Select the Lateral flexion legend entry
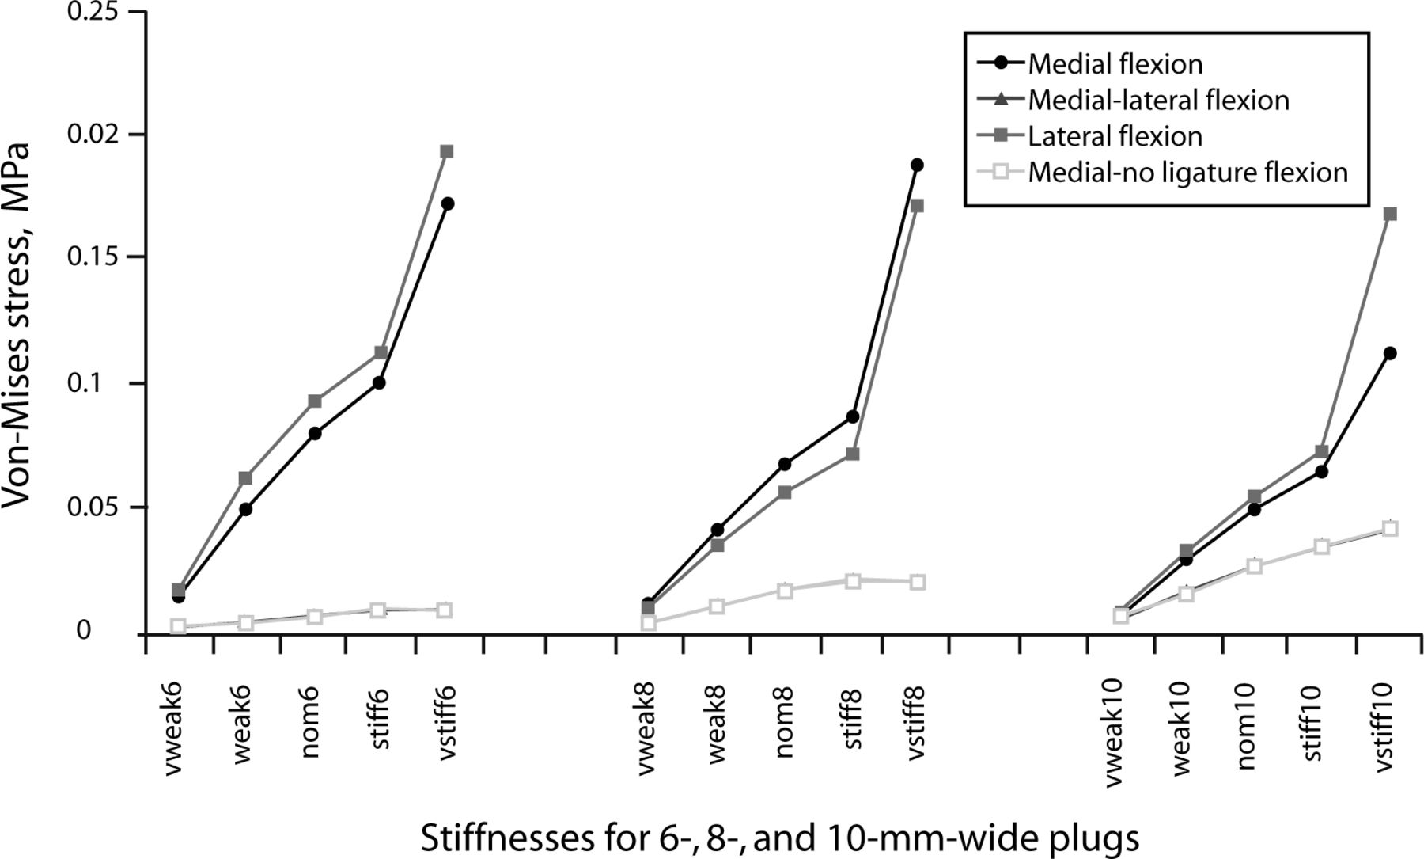(1090, 136)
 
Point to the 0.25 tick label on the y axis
(90, 13)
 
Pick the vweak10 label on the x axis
(1115, 736)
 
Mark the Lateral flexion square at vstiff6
(446, 151)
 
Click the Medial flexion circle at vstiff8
(917, 165)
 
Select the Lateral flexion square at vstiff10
(1390, 214)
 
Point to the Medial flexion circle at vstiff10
(1390, 353)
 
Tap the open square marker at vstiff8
(918, 582)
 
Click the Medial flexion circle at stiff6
(379, 382)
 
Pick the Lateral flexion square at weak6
(245, 478)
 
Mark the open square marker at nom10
(1254, 566)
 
